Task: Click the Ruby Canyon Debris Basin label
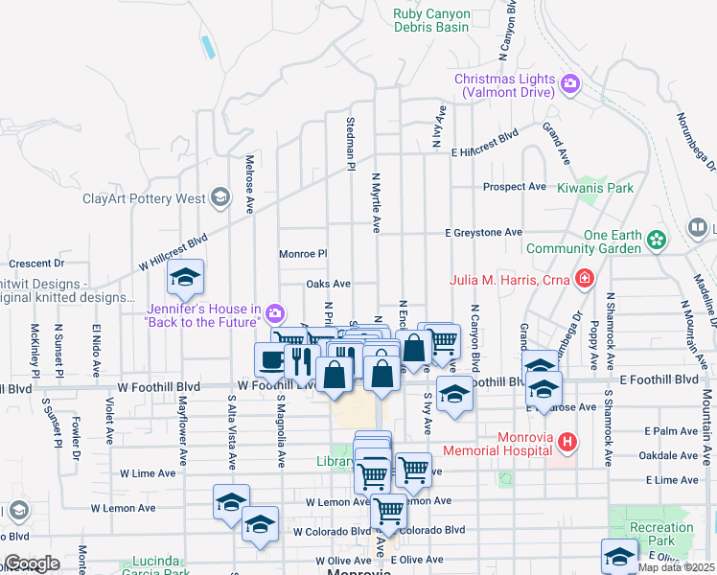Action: point(432,20)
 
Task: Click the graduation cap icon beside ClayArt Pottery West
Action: point(220,198)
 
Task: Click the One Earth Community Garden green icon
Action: point(658,239)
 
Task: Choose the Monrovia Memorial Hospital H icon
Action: point(568,443)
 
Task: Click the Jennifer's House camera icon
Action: point(275,313)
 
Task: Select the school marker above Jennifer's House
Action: point(186,280)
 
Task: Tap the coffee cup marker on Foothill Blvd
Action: point(270,359)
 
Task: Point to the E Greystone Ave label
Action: point(483,232)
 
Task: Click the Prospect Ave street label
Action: point(514,186)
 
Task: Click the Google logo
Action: point(32,563)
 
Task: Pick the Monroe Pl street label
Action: point(303,255)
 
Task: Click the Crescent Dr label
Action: point(35,263)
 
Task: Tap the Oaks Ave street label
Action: point(328,284)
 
